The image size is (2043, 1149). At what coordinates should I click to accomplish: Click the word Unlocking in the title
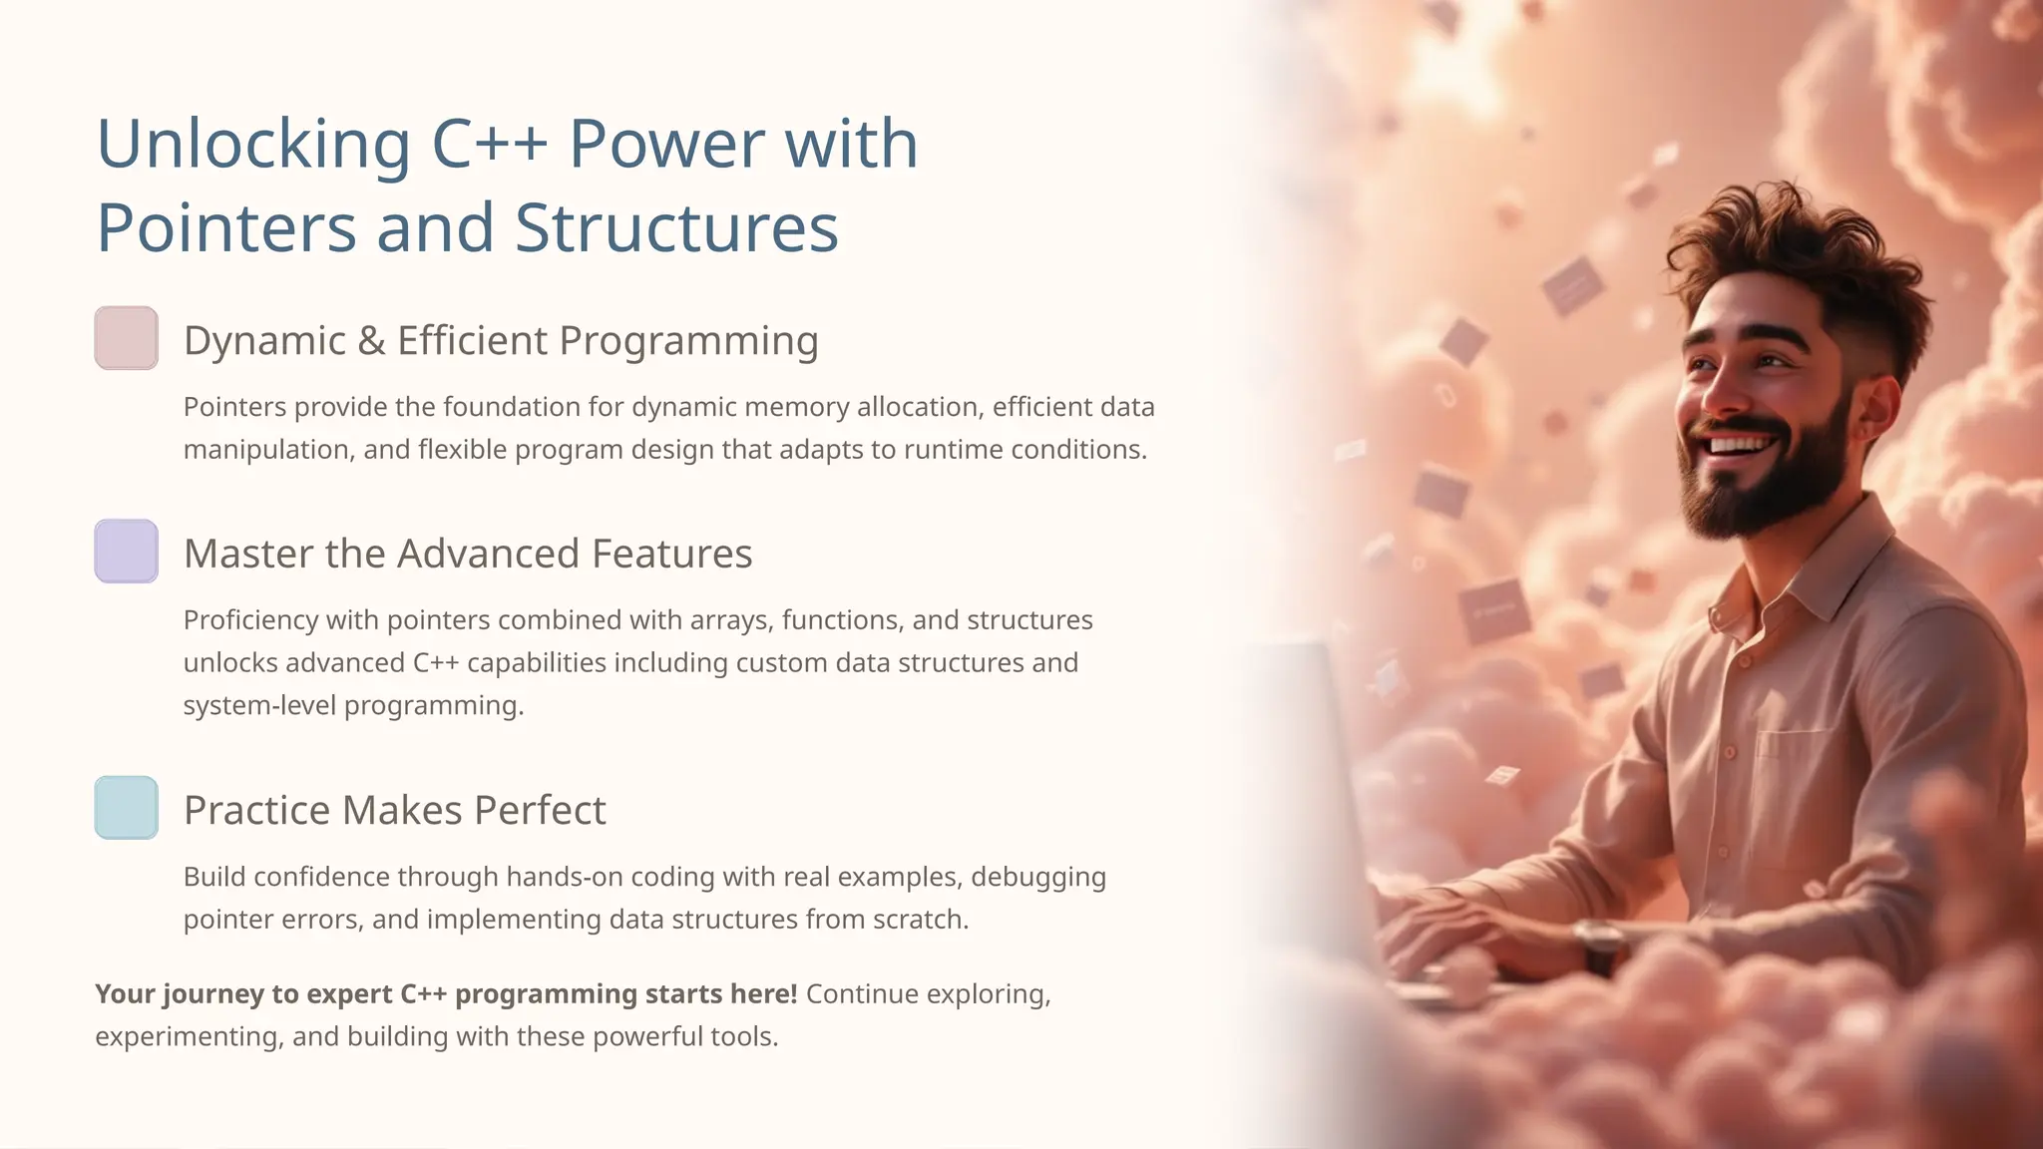253,145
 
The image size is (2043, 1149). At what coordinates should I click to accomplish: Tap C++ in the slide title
490,145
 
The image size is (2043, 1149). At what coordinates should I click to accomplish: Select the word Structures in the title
676,228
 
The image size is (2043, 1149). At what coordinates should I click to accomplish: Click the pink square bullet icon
127,338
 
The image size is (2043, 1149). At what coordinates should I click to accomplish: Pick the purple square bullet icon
127,551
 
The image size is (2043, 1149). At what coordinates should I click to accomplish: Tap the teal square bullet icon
127,807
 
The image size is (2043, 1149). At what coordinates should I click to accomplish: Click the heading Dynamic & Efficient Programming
501,341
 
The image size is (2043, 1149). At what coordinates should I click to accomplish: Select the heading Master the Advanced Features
468,554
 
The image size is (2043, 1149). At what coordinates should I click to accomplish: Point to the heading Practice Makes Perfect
395,810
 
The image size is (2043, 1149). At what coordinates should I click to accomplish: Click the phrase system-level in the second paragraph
259,706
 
